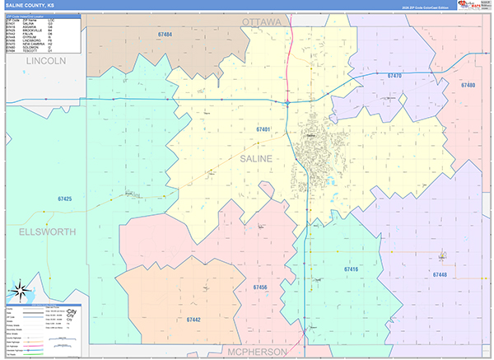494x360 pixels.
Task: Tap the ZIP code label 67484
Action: [165, 35]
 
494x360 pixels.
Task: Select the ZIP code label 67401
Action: [263, 129]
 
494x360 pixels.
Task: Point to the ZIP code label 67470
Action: [394, 76]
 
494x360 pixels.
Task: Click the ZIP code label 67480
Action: [468, 86]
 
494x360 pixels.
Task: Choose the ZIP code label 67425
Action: [65, 199]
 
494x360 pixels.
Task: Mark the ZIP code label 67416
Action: [351, 269]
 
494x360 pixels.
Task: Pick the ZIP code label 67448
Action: [438, 274]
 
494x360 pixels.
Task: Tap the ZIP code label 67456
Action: [260, 287]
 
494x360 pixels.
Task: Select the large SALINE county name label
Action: [260, 157]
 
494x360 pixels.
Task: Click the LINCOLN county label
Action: [45, 62]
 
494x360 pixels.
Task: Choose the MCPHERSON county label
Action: [259, 352]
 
